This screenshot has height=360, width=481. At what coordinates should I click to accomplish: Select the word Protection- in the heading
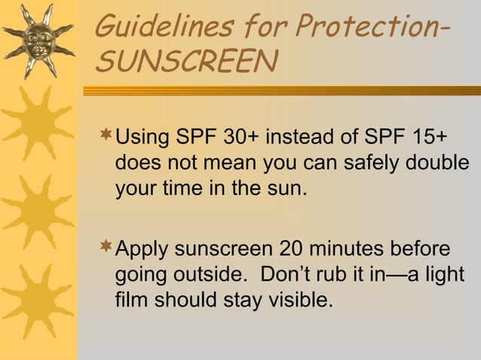point(368,28)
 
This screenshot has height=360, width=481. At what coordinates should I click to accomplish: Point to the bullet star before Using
point(105,136)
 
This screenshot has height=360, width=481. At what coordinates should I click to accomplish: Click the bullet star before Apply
point(105,246)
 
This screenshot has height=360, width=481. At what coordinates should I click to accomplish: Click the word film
point(132,301)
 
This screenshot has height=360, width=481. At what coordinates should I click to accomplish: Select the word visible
point(294,301)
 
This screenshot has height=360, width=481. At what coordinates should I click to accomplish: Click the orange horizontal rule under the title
point(280,90)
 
